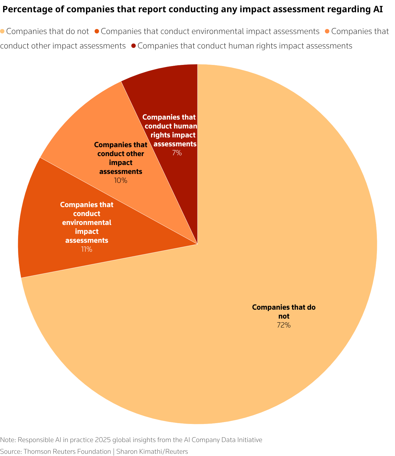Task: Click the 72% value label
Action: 283,325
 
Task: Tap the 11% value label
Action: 87,249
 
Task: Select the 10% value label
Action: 120,181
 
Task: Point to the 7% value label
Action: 177,153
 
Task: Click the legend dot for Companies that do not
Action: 2,31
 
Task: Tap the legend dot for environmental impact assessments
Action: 97,31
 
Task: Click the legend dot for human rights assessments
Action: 134,46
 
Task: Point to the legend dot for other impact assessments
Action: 327,31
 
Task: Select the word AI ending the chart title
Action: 378,10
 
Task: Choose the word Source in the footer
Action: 11,452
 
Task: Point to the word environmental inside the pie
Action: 87,223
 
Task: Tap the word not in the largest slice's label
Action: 284,316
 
